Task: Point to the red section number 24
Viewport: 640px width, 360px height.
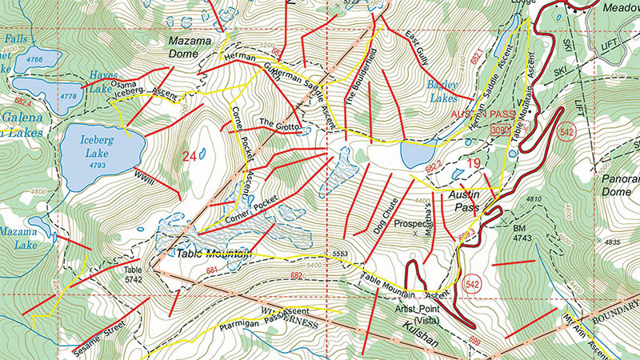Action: click(x=190, y=157)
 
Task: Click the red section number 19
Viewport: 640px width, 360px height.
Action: click(x=473, y=165)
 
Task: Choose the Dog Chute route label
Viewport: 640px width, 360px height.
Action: click(x=390, y=210)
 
